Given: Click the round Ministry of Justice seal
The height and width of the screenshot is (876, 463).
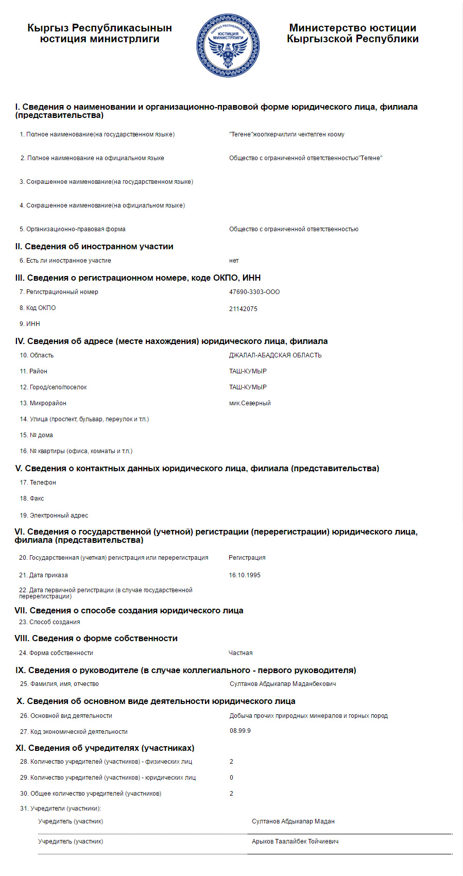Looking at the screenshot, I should click(228, 46).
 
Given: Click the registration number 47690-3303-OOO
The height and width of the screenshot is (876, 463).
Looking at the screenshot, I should click(254, 292).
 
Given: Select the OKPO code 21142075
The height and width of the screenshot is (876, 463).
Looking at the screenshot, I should click(243, 309).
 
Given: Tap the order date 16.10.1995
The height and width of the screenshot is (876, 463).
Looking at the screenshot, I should click(245, 575).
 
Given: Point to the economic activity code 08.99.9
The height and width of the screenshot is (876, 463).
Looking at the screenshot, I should click(240, 731).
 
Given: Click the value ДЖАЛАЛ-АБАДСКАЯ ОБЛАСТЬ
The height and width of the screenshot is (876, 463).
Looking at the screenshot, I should click(275, 355).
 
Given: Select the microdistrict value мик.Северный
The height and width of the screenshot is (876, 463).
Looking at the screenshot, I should click(250, 403).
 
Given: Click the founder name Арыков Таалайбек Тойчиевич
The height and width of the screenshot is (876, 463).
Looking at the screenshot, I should click(295, 841).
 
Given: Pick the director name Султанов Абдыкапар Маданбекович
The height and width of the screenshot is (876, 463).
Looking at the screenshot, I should click(283, 684).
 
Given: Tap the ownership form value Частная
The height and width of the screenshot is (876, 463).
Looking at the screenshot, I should click(241, 653).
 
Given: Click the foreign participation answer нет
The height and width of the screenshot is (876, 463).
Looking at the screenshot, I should click(234, 261).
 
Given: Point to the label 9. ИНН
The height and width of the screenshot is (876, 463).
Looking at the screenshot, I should click(30, 324).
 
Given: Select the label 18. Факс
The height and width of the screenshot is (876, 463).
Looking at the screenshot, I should click(32, 499).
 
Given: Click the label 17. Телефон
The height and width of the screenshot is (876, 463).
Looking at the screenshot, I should click(38, 483).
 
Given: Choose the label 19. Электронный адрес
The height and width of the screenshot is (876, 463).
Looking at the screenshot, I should click(54, 516).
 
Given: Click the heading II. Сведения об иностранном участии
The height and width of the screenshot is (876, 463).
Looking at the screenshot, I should click(94, 247).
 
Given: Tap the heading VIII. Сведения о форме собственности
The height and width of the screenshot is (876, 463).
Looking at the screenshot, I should click(96, 639).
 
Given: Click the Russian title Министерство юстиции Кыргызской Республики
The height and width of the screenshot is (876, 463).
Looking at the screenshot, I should click(352, 33).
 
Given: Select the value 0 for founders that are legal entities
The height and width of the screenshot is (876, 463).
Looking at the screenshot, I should click(231, 778).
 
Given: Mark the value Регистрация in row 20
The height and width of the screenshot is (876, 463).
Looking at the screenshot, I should click(247, 558).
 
